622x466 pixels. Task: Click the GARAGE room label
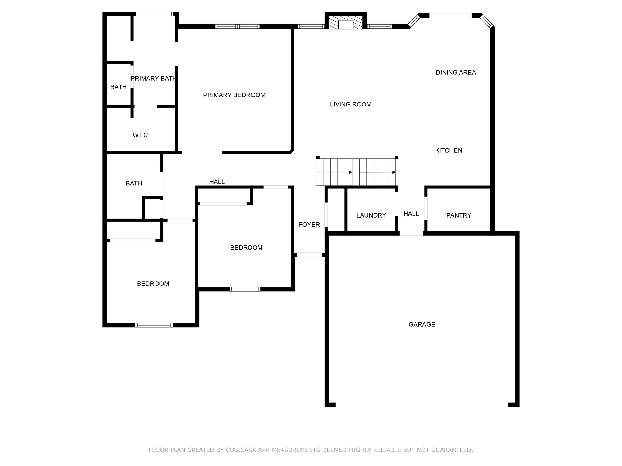tap(422, 325)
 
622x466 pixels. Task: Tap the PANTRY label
tap(459, 215)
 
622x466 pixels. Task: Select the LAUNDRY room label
tap(371, 215)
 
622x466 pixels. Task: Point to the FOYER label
tap(309, 225)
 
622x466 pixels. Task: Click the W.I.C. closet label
tap(141, 135)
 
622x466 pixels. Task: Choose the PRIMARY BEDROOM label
tap(234, 95)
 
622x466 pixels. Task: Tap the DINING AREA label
tap(456, 73)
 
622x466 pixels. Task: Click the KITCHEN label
tap(449, 150)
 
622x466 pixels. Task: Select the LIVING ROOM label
tap(351, 105)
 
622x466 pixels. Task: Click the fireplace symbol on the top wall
tap(346, 23)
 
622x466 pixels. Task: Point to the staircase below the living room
tap(356, 172)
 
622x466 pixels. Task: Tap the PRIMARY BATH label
tap(153, 79)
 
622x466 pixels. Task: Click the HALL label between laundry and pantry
tap(411, 214)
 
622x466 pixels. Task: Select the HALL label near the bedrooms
tap(217, 182)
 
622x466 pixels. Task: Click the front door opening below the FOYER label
tap(309, 255)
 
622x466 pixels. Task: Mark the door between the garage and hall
tap(411, 234)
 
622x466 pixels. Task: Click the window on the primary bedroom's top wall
tap(238, 26)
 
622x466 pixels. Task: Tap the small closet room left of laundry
tap(336, 210)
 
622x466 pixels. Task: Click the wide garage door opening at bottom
tap(422, 405)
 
